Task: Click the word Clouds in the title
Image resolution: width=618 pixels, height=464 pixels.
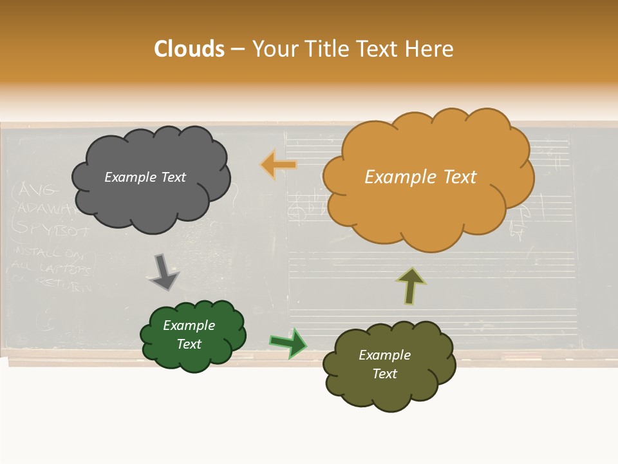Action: click(x=189, y=49)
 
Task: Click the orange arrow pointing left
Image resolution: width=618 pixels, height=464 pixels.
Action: click(x=279, y=165)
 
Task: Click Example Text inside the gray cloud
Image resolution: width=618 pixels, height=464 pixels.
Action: click(x=145, y=177)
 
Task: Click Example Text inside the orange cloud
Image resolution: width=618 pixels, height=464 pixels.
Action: click(x=420, y=177)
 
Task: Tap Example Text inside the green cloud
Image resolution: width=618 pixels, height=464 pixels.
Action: click(x=189, y=334)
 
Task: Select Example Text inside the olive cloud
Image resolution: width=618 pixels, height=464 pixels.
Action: click(x=385, y=364)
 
